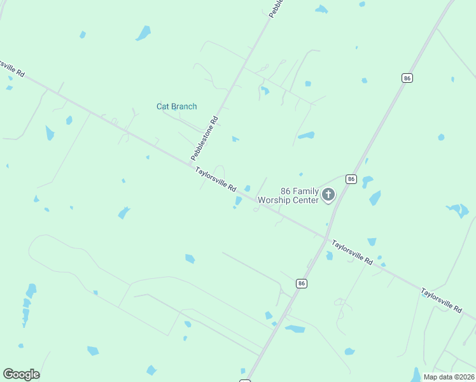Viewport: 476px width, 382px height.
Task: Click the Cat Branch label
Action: tap(176, 106)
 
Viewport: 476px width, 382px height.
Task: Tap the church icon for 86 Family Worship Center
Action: tap(328, 194)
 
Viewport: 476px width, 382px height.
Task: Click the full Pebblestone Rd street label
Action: tap(204, 138)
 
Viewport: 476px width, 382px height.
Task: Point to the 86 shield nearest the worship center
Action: tap(351, 180)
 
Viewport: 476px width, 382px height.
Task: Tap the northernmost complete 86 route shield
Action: tap(407, 78)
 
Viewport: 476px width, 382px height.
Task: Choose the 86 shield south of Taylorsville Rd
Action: tap(302, 283)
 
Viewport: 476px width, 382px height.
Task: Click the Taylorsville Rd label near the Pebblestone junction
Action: tap(216, 180)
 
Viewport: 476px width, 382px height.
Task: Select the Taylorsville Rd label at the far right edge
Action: tap(441, 300)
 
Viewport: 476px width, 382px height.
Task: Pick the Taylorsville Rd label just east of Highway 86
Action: tap(352, 252)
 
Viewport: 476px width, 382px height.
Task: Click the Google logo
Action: tap(21, 374)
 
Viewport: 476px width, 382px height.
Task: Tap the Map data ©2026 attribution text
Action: tap(448, 377)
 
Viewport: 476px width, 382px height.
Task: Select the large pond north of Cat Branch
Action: tap(143, 32)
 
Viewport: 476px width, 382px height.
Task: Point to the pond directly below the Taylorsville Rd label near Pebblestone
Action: tap(238, 201)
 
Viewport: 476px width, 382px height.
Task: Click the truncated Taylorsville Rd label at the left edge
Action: tap(11, 68)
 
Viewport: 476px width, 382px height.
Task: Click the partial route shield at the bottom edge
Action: tap(245, 380)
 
